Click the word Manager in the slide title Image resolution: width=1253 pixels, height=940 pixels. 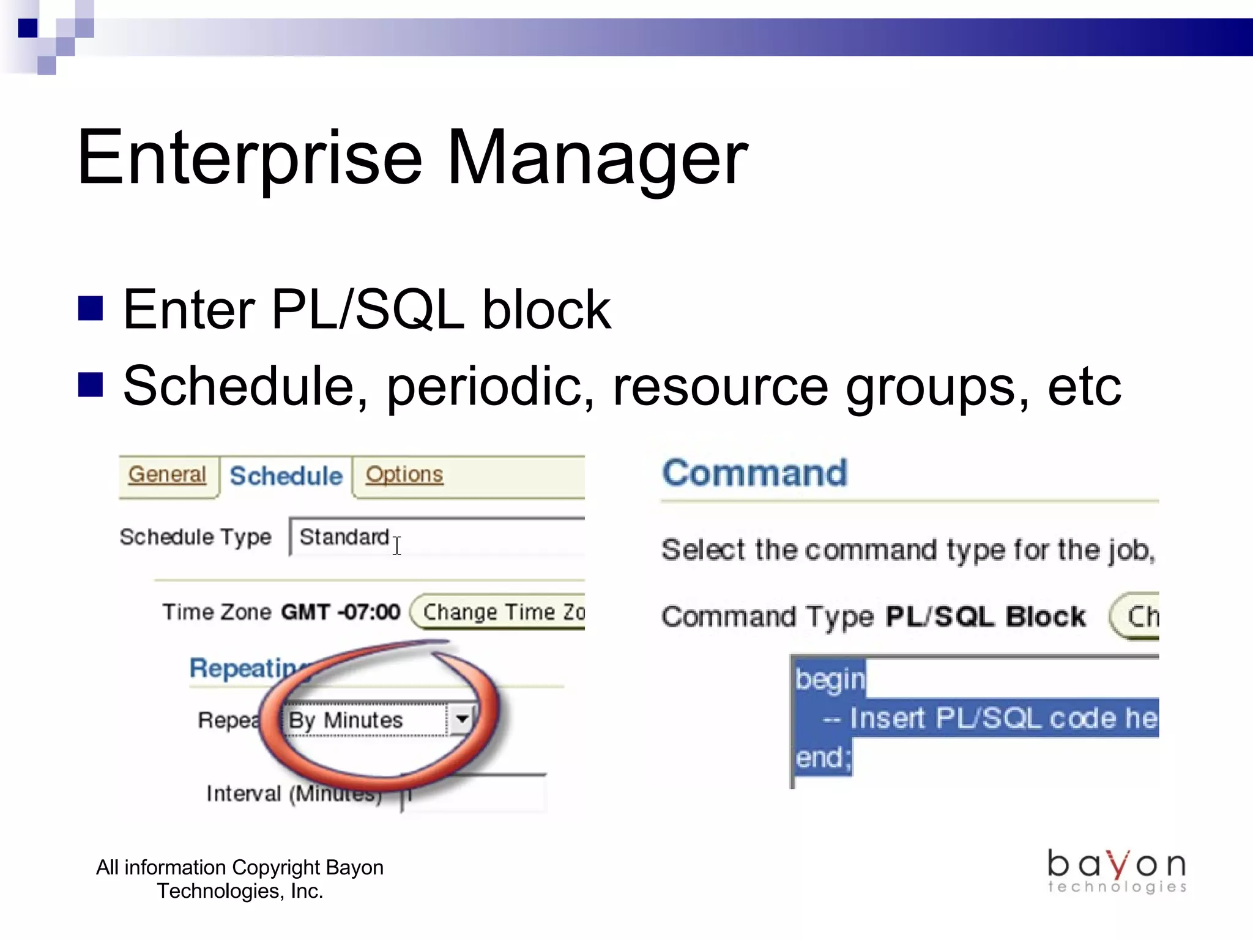(597, 158)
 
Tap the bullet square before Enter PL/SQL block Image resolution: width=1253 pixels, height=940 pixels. (91, 308)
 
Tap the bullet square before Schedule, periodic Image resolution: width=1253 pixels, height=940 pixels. (91, 385)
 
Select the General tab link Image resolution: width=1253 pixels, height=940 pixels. (167, 474)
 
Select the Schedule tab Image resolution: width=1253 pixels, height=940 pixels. (286, 476)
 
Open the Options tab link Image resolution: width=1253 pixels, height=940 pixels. (404, 474)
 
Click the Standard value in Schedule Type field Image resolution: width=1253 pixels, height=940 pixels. (344, 537)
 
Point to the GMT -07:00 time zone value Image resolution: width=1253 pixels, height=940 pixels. (340, 611)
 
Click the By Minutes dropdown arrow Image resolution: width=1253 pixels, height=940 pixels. (462, 718)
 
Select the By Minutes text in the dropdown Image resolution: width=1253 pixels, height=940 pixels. (346, 720)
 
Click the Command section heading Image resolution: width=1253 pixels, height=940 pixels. (754, 473)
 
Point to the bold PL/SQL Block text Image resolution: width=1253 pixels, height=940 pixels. (985, 616)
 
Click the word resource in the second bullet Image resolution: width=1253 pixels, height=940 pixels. (720, 386)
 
